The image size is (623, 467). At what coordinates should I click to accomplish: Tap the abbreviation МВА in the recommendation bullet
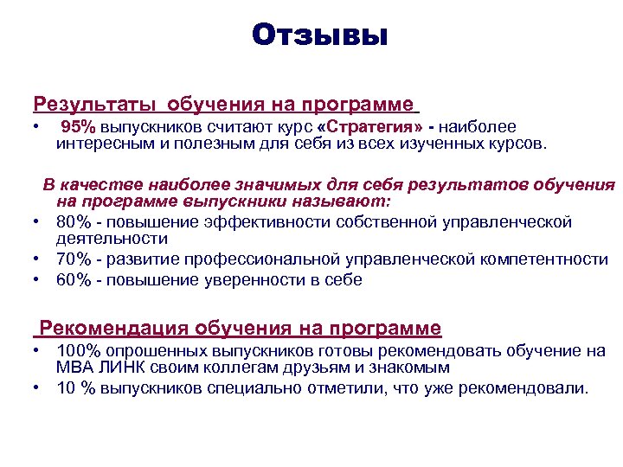coord(74,368)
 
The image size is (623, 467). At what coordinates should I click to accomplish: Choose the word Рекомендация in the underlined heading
coord(115,329)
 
